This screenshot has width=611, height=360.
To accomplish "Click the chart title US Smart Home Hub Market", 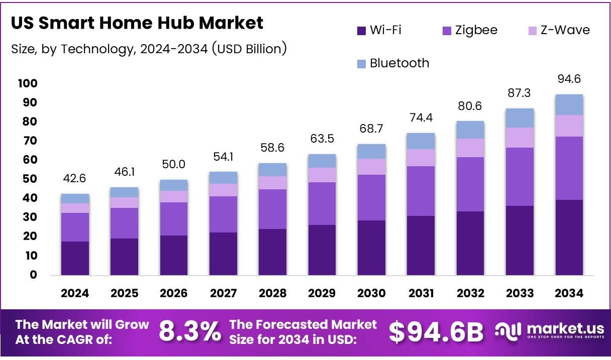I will pos(137,23).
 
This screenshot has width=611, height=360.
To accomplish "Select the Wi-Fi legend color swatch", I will pos(361,31).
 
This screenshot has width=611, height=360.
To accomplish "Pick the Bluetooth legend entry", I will pos(399,63).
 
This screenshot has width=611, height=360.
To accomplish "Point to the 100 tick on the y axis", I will pos(28,83).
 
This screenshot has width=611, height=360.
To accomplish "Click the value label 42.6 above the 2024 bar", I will pos(75,179).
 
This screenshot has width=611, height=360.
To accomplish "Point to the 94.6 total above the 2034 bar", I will pos(569,79).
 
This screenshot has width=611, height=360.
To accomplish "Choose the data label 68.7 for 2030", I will pos(371,129).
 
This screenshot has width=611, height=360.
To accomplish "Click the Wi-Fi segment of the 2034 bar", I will pos(569,237).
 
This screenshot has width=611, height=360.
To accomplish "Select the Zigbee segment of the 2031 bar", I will pos(421,191).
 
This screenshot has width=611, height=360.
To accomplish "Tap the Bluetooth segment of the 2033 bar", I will pos(520,118).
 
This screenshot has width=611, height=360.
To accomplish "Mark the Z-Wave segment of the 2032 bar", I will pos(470,148).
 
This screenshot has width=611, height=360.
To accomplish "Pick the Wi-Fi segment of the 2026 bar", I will pos(174,255).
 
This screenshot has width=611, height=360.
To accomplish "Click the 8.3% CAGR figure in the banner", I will pos(190,332).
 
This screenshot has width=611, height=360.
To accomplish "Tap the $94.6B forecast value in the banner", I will pos(436,332).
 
